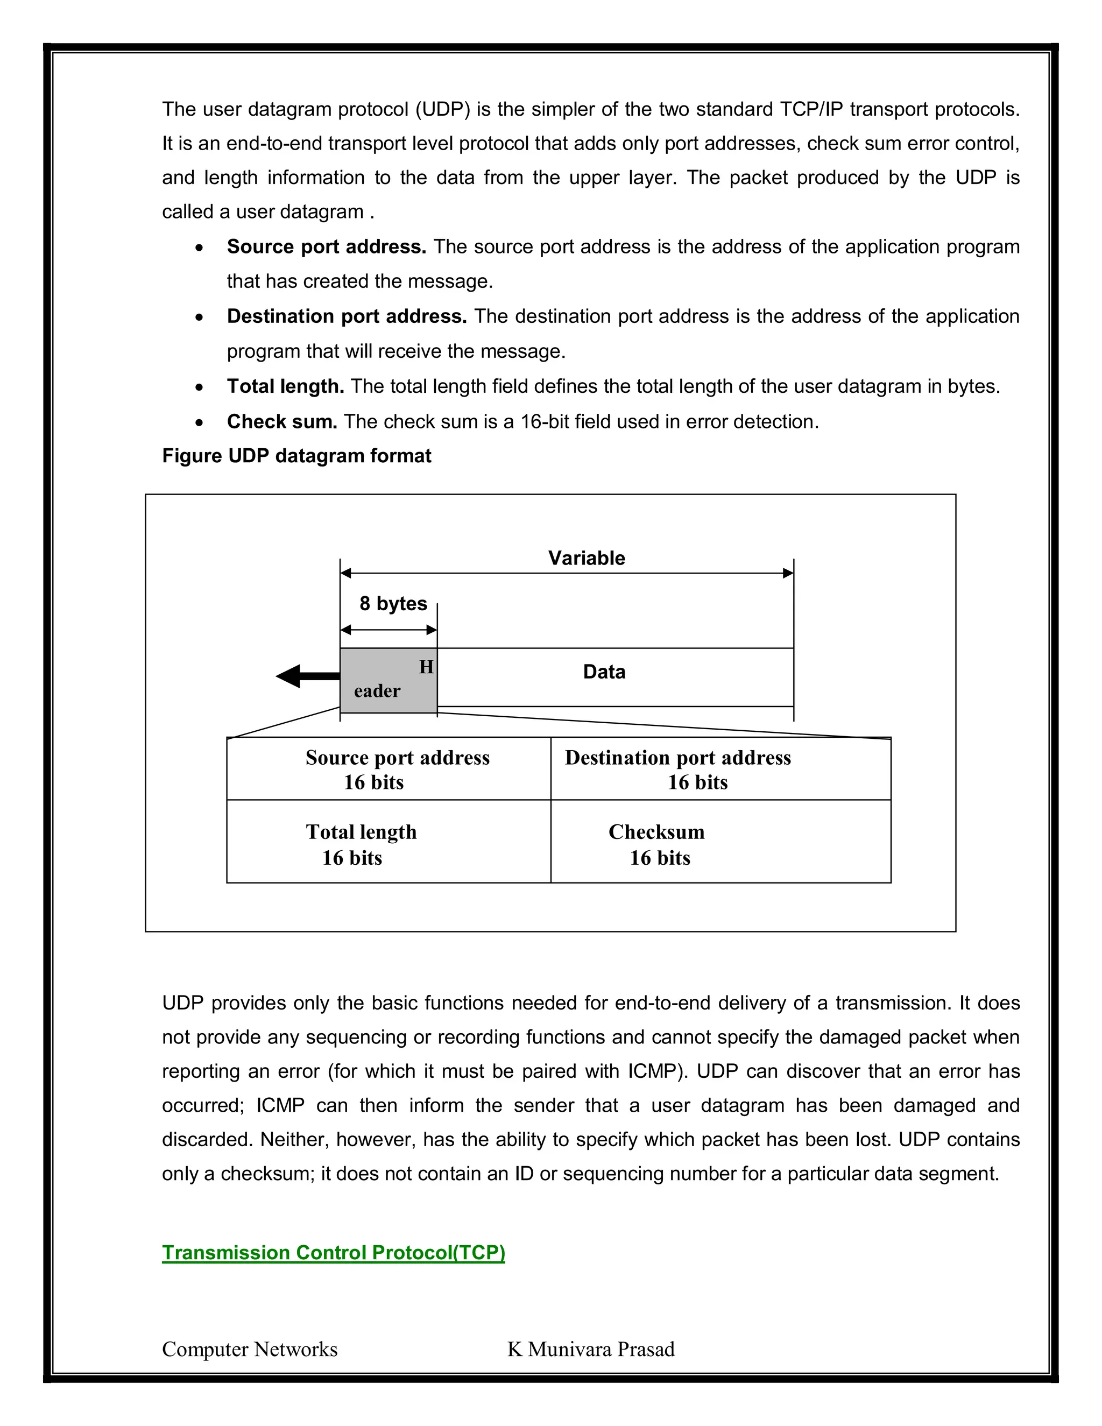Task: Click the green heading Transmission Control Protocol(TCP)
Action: pos(333,1252)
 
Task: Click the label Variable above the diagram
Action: pos(587,558)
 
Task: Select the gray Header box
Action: pos(388,680)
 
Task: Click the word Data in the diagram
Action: pos(604,672)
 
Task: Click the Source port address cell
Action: pos(389,769)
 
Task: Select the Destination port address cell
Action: pos(720,769)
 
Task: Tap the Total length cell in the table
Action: pos(389,843)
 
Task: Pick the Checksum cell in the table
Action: pos(720,843)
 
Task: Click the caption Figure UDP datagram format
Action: pos(296,456)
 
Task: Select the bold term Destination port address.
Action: pos(347,316)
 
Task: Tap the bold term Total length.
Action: pos(285,386)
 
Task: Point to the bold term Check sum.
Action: pos(282,422)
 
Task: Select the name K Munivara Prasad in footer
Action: pos(591,1349)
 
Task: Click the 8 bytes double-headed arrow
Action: pos(388,630)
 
